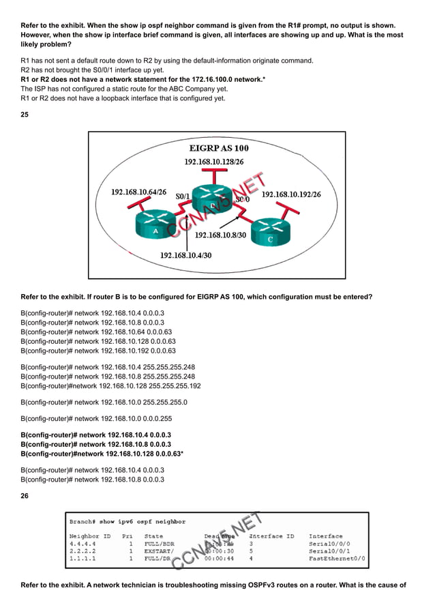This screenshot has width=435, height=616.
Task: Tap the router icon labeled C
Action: pos(270,233)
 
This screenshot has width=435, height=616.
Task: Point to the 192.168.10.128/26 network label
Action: pos(215,162)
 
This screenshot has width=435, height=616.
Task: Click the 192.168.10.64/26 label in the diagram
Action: pos(138,192)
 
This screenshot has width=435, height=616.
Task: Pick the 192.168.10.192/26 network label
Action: pos(291,194)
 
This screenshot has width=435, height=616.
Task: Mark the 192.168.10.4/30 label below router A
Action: pos(185,255)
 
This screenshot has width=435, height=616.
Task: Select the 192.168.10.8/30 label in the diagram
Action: pos(222,235)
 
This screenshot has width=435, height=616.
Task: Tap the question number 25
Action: pos(25,115)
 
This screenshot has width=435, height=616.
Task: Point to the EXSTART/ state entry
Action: pos(159,551)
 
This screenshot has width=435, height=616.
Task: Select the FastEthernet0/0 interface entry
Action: pos(337,559)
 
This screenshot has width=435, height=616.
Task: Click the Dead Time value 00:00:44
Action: pos(218,559)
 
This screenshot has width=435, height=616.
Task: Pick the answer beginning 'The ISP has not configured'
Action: pos(124,89)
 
